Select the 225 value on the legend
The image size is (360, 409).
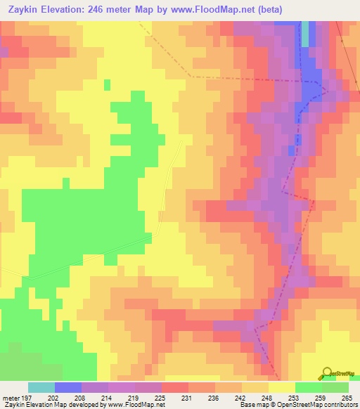(161, 398)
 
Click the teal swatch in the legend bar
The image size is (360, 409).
(41, 387)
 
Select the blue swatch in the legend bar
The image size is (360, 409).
(67, 387)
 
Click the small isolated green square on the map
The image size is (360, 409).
(107, 85)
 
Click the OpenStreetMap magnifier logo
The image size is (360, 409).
(326, 372)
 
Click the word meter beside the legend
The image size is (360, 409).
(10, 398)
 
